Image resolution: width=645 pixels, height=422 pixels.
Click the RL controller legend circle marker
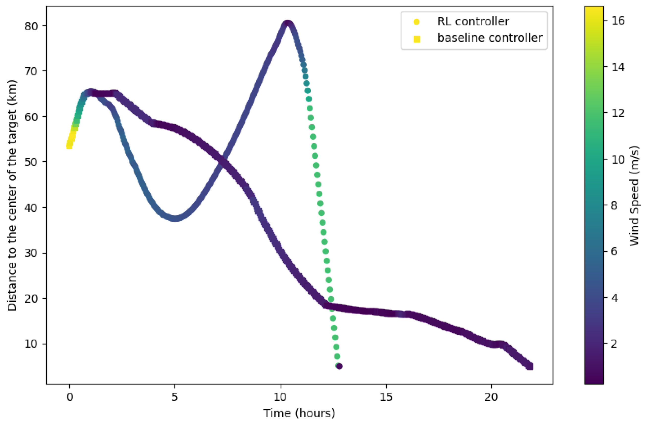(416, 22)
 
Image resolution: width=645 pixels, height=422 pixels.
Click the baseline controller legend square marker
(416, 39)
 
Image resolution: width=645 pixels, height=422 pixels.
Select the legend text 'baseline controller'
(490, 38)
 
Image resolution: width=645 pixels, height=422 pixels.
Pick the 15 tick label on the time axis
(386, 397)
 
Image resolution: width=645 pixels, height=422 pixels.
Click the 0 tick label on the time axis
(70, 397)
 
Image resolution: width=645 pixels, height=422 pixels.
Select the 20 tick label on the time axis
(491, 397)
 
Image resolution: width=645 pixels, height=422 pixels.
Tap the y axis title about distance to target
(12, 195)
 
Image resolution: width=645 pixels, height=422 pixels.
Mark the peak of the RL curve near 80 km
(288, 24)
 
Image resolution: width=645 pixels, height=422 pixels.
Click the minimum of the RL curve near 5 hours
(176, 218)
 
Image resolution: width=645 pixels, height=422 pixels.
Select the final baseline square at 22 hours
(529, 366)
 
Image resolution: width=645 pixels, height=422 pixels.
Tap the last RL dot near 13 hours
(339, 366)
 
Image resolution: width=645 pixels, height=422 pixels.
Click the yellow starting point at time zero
(69, 146)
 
